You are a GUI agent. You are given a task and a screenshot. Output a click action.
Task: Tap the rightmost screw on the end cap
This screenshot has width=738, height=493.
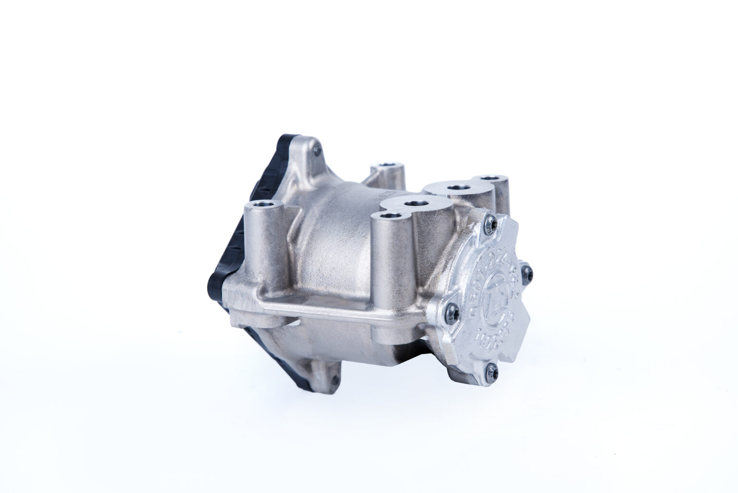[527, 271]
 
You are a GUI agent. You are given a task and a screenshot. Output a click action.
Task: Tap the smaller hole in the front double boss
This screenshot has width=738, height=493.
[389, 216]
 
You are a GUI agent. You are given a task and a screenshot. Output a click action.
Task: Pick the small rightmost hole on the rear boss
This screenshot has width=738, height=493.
[490, 178]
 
